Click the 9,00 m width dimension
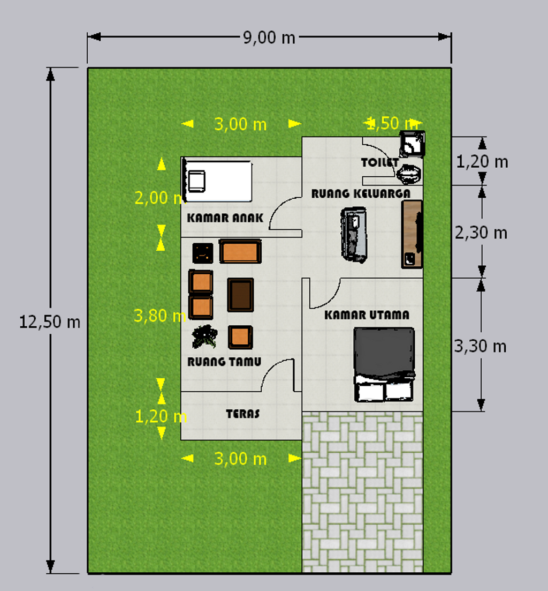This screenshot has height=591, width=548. tap(269, 38)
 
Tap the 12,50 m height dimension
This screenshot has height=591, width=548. tap(50, 322)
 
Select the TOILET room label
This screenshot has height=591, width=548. tap(379, 162)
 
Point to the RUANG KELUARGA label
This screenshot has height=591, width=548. tap(361, 193)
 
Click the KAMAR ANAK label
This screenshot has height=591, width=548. tap(225, 218)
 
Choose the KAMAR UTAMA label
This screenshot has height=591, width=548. tap(367, 315)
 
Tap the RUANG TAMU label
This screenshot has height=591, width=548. tap(224, 362)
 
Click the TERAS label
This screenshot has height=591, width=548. tap(243, 414)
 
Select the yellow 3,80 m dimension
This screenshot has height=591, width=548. tap(160, 316)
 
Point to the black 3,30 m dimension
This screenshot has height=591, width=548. tap(480, 346)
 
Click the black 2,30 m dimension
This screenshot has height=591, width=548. tap(481, 233)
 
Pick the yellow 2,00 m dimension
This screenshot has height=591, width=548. tap(159, 198)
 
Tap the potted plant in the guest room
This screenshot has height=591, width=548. tap(205, 336)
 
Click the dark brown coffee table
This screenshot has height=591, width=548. tap(240, 295)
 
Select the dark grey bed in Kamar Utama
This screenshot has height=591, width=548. tap(384, 364)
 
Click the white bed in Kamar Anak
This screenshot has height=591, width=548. tap(217, 181)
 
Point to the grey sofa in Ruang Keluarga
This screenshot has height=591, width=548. tap(354, 235)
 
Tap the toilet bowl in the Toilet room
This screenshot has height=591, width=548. tap(409, 175)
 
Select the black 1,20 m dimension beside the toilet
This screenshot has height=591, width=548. tap(482, 162)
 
